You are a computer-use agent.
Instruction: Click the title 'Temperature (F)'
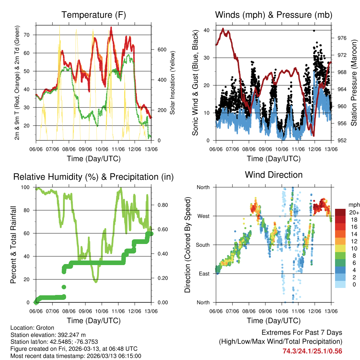94,15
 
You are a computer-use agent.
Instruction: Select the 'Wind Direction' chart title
274,175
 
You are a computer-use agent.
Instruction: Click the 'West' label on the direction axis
203,216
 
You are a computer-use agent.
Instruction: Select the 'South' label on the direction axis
202,245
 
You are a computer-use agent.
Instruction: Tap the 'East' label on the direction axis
204,274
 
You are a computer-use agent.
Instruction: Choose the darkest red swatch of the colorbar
340,212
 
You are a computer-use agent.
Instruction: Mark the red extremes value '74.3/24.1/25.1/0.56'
312,351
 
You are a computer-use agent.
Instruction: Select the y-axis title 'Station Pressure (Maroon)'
354,83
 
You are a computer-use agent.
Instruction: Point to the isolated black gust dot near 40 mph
314,31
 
